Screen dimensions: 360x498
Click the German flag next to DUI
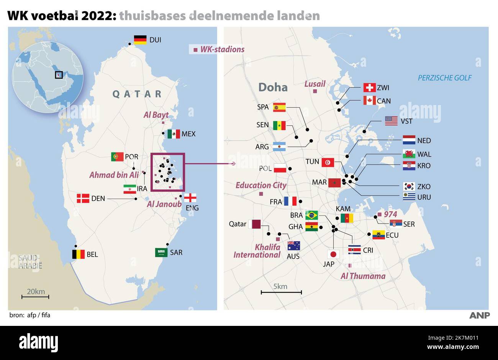click(x=140, y=39)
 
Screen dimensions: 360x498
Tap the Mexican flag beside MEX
click(x=174, y=134)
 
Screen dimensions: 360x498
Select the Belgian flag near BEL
click(x=78, y=254)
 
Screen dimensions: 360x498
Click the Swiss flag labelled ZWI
click(x=369, y=88)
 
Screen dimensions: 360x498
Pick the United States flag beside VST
click(x=391, y=121)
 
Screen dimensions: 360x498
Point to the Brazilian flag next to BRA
click(x=311, y=215)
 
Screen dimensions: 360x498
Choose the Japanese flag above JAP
click(x=333, y=254)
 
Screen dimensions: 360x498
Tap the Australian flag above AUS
click(x=294, y=246)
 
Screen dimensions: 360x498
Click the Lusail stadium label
click(x=315, y=84)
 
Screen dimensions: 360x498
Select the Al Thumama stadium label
click(x=363, y=276)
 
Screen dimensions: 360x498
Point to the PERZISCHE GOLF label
click(x=444, y=78)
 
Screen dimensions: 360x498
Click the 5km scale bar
click(x=281, y=292)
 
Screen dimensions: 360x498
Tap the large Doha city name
click(x=273, y=87)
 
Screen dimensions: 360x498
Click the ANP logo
click(x=479, y=315)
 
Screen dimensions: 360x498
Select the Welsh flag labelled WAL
click(x=409, y=154)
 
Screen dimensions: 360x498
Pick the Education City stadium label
click(x=261, y=185)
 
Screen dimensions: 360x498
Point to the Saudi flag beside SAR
click(x=161, y=252)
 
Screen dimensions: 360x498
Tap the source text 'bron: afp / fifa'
click(x=30, y=315)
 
